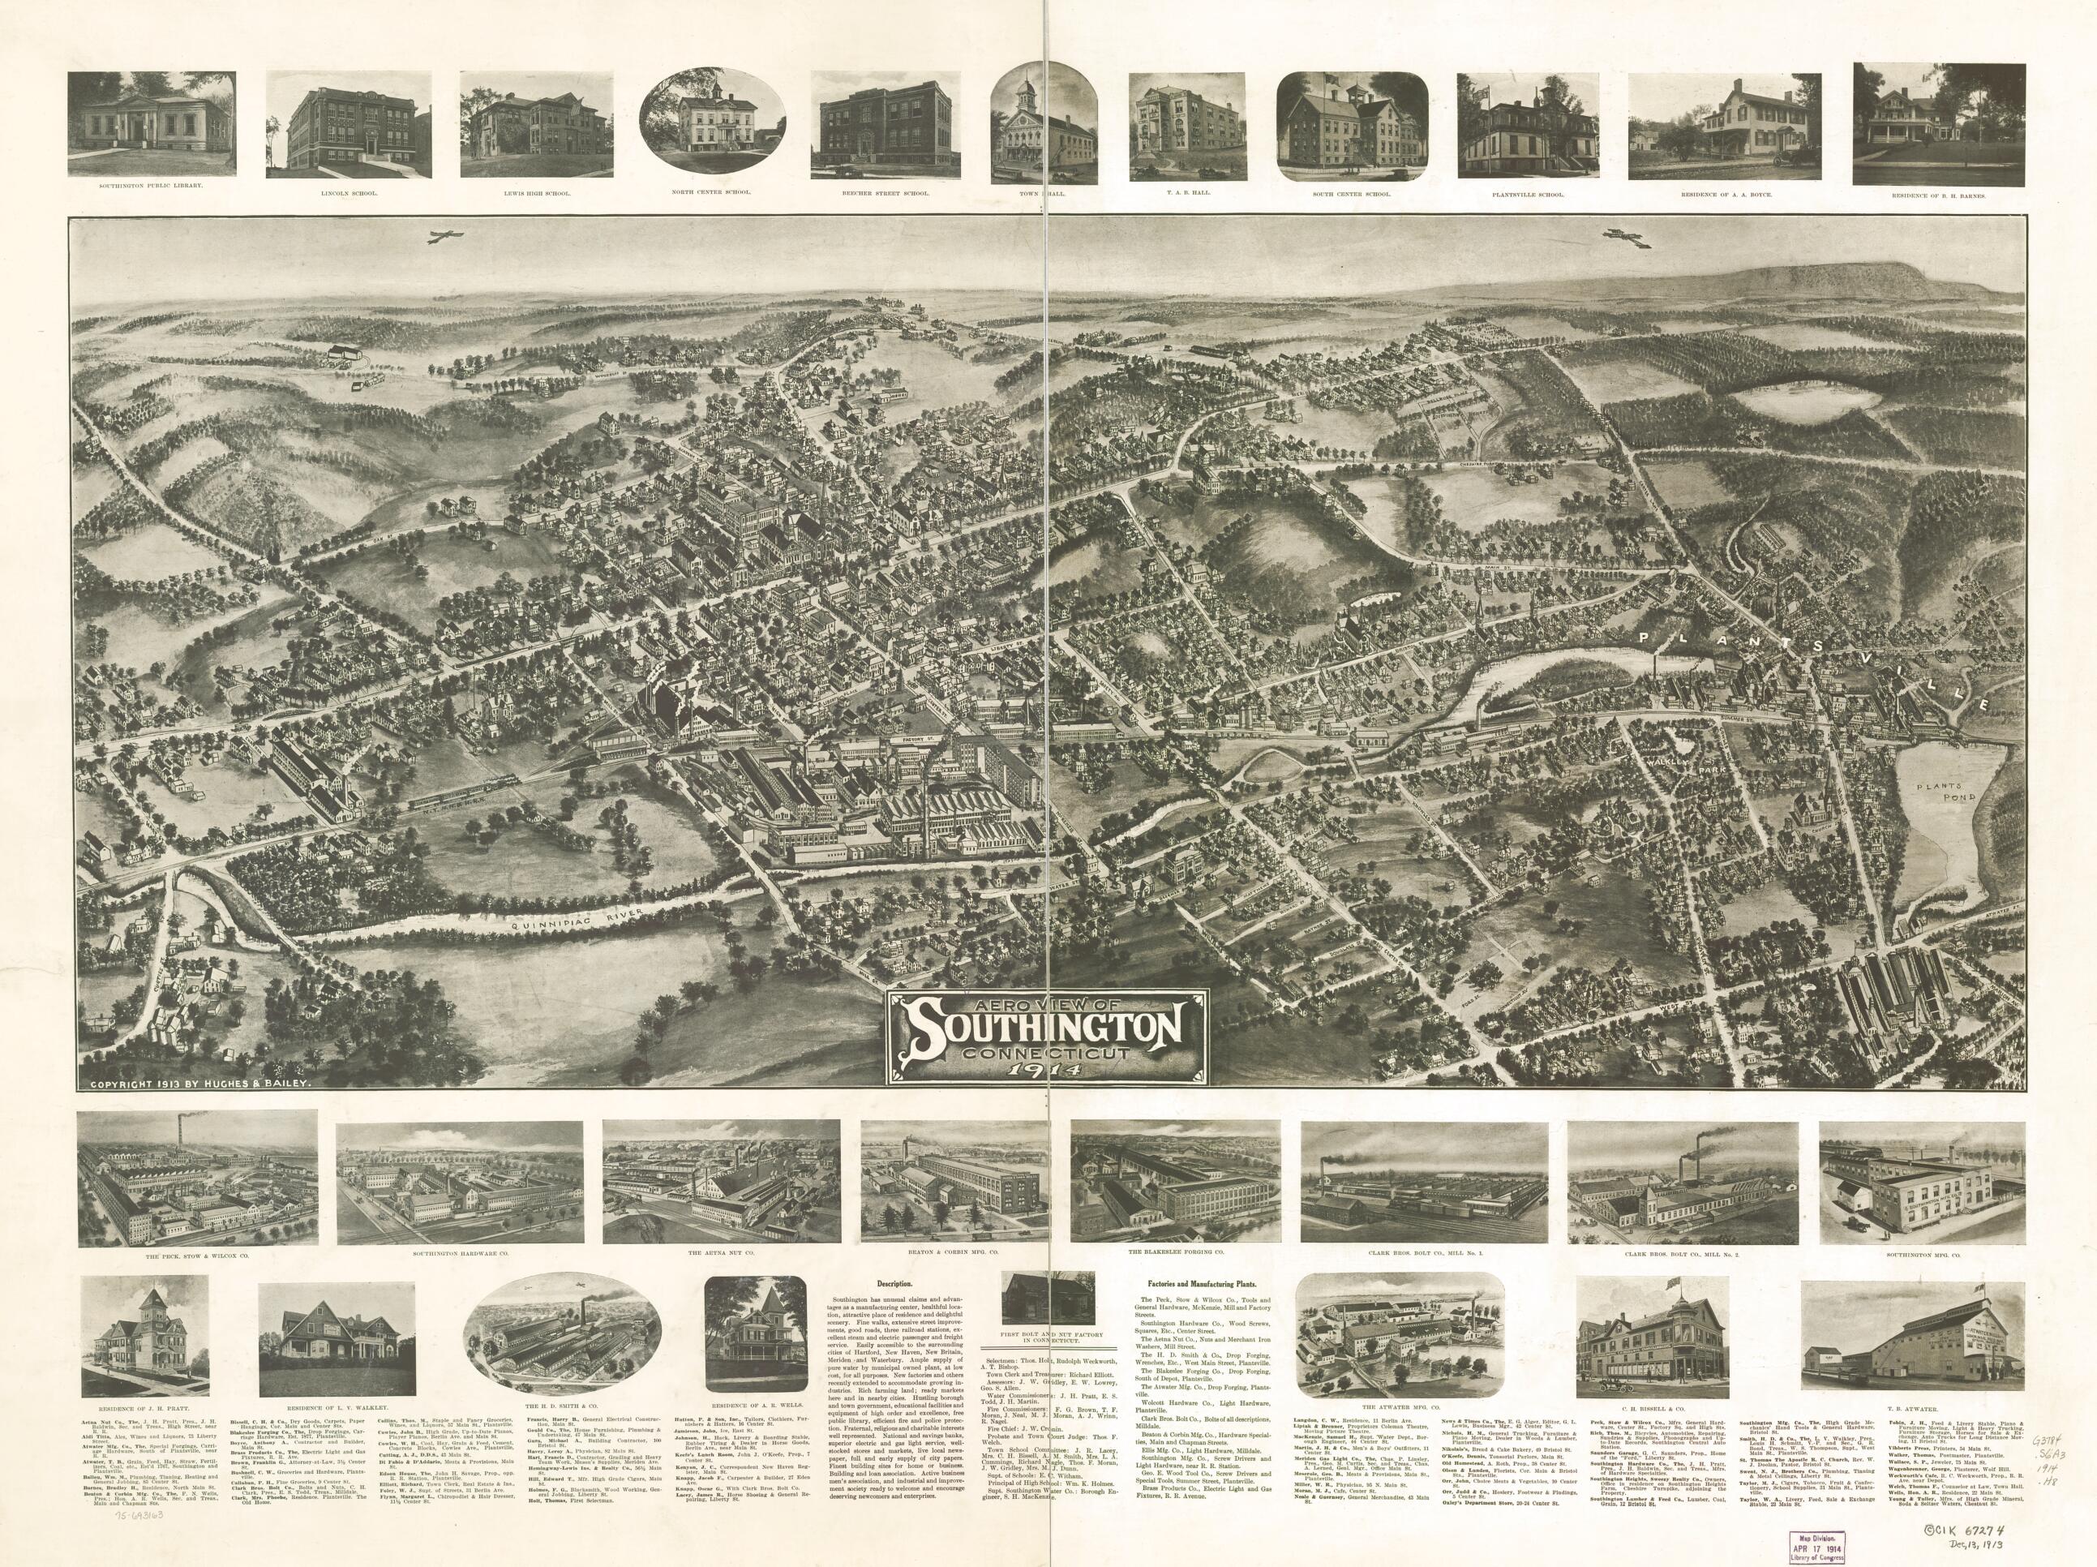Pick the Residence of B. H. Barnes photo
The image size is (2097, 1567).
tap(1940, 123)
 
